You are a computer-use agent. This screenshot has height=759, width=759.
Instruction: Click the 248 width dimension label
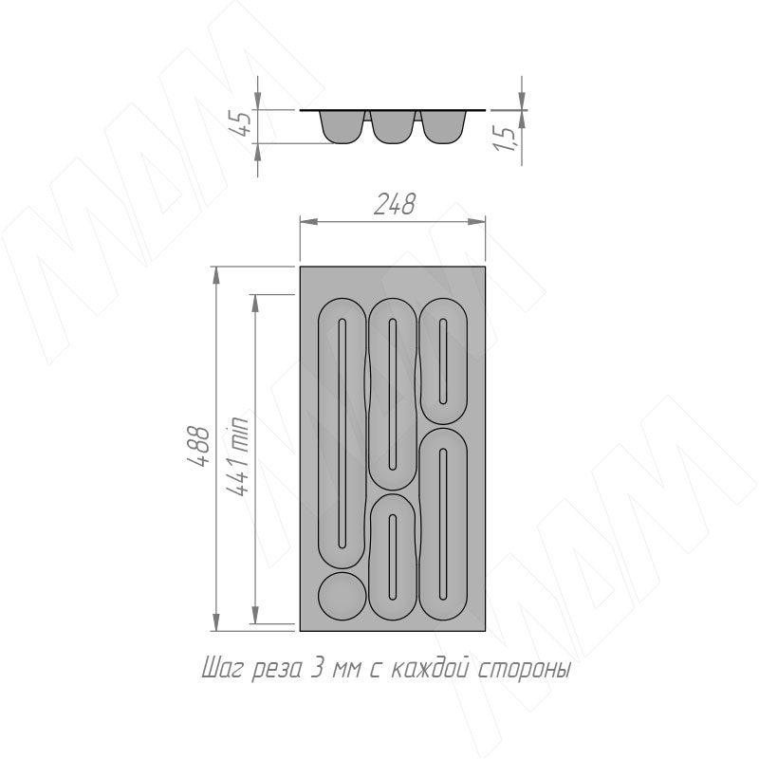pos(395,204)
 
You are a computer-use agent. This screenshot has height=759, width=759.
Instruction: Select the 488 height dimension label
pos(199,446)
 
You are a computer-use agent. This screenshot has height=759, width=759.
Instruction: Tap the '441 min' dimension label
pos(237,456)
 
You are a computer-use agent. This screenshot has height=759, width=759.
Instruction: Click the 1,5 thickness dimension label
pos(505,139)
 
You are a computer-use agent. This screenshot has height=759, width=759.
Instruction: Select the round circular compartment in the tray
pos(342,596)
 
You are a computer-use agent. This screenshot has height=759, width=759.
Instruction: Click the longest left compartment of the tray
pos(342,434)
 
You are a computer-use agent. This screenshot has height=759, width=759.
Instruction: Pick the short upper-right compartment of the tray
pos(443,361)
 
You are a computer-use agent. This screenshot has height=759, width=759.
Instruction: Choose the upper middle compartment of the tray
pos(393,395)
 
